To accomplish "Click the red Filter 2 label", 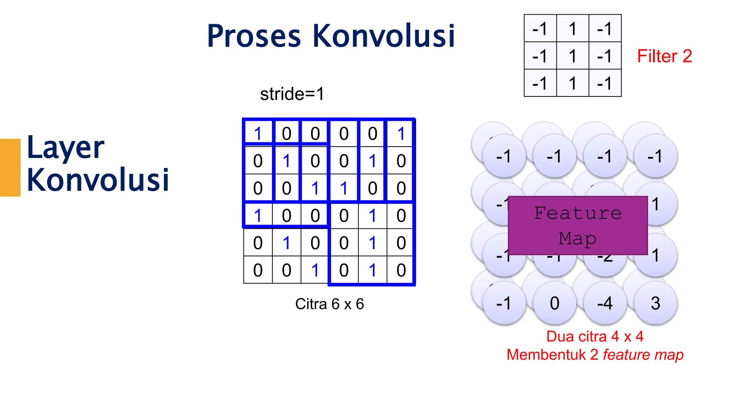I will [664, 56].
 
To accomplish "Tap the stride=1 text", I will [292, 94].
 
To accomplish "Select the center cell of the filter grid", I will [572, 56].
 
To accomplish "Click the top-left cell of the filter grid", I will [540, 28].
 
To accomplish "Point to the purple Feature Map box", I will [577, 226].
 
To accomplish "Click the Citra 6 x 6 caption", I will [329, 304].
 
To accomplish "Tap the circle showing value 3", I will [655, 303].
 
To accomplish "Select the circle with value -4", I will [605, 303].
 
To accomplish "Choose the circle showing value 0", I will [554, 303].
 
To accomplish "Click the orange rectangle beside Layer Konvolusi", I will [10, 167].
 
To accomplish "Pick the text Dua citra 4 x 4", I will [595, 336].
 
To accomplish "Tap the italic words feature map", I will [643, 355].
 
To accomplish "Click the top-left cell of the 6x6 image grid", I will [258, 134].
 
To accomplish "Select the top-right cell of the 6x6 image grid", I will [401, 134].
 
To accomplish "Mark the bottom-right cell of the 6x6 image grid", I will [401, 270].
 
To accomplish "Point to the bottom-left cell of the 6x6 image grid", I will [258, 270].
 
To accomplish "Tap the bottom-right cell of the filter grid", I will [605, 84].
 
